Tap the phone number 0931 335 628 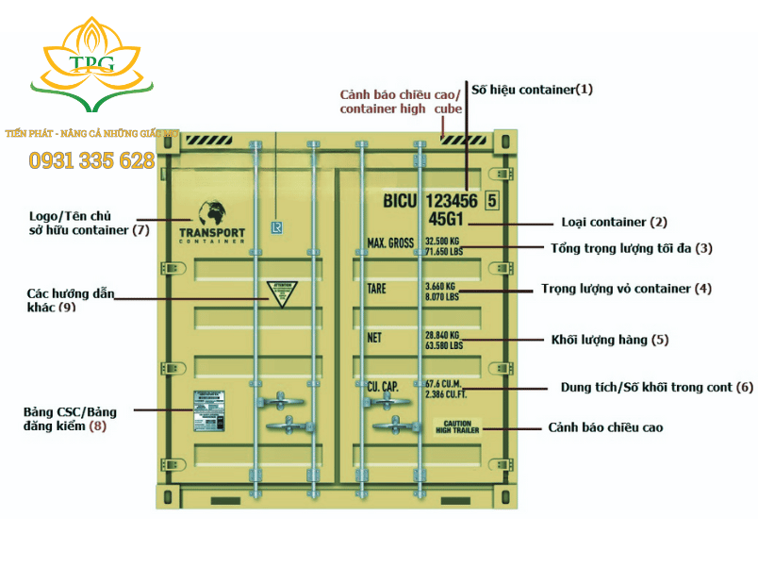tap(91, 160)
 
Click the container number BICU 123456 tap(430, 201)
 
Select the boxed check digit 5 tap(491, 200)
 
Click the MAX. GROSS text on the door tap(390, 243)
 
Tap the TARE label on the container tap(376, 289)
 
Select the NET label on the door tap(374, 338)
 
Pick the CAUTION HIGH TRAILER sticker tap(457, 426)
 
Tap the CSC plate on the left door tap(212, 410)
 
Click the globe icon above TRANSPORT tap(210, 213)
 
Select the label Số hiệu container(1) tap(532, 90)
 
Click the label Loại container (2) tap(614, 223)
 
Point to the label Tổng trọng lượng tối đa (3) tap(631, 249)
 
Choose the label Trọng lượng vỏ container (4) tap(626, 289)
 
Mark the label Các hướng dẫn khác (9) tap(67, 300)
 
